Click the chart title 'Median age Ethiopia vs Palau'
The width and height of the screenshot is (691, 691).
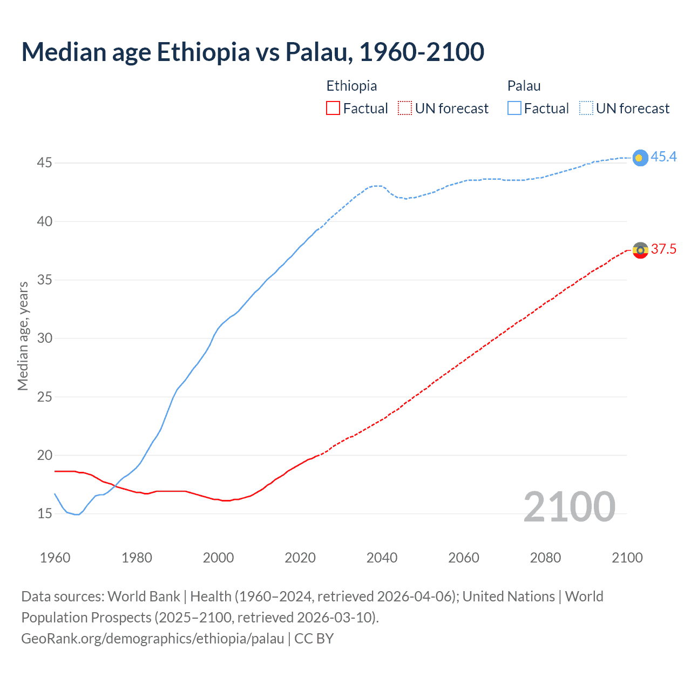(x=253, y=52)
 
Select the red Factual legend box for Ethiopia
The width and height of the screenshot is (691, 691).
(x=333, y=109)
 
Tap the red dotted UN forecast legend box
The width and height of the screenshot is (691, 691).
(x=405, y=109)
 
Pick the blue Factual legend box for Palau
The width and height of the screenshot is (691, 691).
(x=514, y=109)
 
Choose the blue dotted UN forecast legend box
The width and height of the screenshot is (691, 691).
(x=586, y=109)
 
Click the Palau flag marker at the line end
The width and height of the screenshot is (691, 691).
(x=640, y=158)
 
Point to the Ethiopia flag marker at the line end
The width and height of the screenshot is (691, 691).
(x=640, y=250)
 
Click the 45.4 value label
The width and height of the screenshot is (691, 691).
(x=663, y=157)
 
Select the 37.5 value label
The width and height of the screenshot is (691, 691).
(x=663, y=249)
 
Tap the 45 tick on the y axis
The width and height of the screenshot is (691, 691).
(x=44, y=162)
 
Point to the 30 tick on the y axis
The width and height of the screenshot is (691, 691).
(x=44, y=338)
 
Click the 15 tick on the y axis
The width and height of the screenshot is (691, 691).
(x=44, y=513)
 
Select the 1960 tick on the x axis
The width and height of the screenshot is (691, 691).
(x=55, y=558)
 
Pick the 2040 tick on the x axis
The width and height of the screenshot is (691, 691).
(x=382, y=558)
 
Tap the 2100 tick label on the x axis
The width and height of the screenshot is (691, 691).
(x=627, y=558)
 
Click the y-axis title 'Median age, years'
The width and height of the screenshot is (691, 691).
(x=23, y=336)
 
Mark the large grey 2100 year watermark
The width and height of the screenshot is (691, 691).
(x=569, y=507)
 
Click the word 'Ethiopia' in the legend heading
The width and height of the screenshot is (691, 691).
(x=351, y=86)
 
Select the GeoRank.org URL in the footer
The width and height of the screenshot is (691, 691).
(x=153, y=639)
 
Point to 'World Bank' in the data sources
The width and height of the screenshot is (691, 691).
(x=144, y=597)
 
